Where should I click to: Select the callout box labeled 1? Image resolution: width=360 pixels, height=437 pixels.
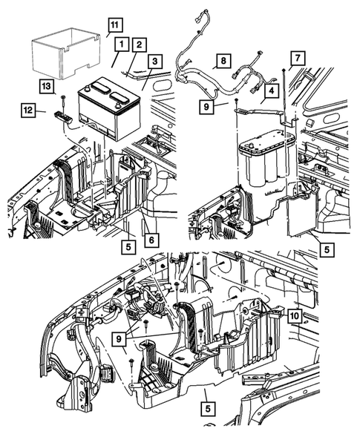tap(119, 45)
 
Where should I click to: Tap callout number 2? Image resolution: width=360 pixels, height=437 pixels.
tap(138, 45)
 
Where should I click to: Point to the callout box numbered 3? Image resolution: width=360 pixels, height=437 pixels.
tap(154, 61)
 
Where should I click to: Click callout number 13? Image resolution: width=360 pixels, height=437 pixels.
tap(46, 87)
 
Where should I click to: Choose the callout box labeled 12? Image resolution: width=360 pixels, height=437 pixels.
tap(27, 111)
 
